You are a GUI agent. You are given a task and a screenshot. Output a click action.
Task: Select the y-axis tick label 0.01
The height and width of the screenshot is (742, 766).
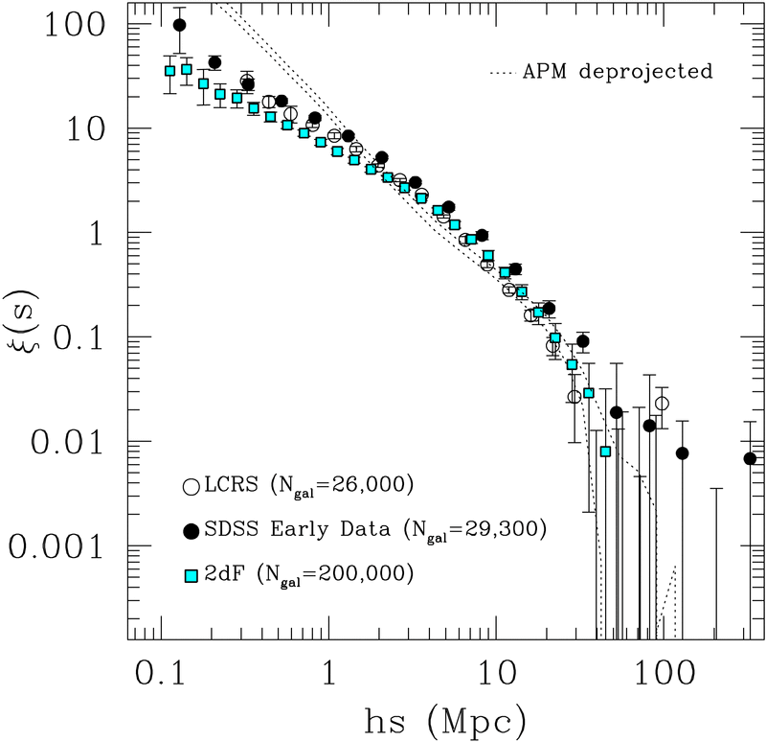click(63, 442)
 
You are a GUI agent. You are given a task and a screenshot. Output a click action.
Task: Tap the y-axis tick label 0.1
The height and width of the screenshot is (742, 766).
click(76, 337)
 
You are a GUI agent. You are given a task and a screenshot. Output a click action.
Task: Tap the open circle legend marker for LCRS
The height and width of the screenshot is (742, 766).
click(191, 486)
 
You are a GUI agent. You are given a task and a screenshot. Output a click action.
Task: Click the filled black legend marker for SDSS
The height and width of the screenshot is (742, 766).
click(191, 529)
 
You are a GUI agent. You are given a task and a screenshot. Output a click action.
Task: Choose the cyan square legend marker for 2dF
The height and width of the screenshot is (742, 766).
click(191, 573)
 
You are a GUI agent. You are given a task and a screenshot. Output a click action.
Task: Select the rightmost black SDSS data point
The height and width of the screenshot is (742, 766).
click(750, 458)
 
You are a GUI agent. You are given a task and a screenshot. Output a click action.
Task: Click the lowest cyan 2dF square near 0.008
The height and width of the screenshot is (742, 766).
click(605, 452)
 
